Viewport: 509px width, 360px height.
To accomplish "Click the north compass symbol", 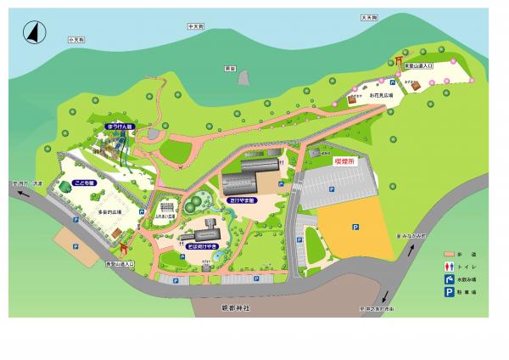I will point(33,32).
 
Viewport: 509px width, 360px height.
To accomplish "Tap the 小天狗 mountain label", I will point(74,40).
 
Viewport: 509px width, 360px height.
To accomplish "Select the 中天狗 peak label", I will point(194,26).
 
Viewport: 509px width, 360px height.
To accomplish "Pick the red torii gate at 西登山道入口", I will point(125,249).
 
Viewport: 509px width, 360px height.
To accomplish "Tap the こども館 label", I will point(86,182).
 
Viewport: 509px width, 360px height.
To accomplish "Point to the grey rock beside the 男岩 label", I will point(244,78).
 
